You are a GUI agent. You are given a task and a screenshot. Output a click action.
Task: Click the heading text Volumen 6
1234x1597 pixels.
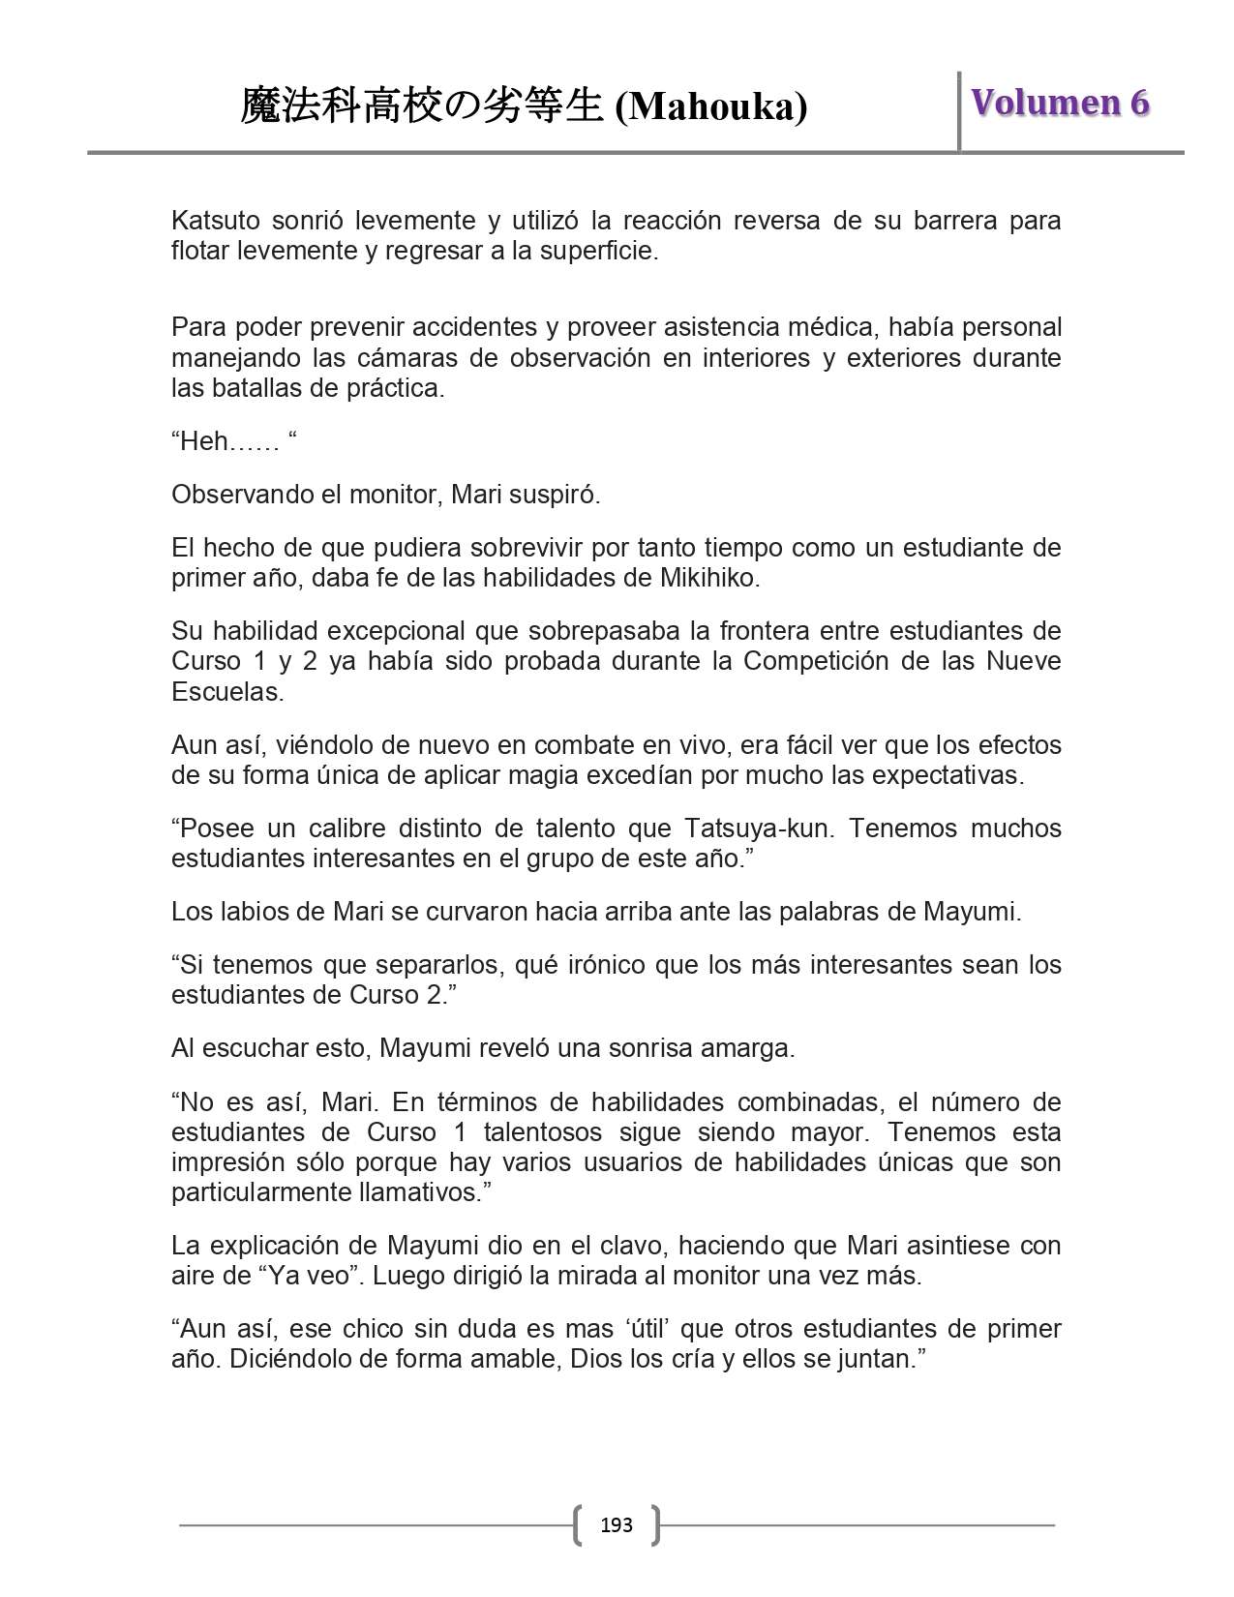pyautogui.click(x=1060, y=103)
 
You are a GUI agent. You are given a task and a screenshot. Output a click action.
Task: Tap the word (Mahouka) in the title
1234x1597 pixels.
pyautogui.click(x=711, y=106)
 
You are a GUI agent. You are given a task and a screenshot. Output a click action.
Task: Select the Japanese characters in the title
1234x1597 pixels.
pyautogui.click(x=422, y=105)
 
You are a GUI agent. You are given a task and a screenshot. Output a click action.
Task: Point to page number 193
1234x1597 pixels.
pyautogui.click(x=617, y=1525)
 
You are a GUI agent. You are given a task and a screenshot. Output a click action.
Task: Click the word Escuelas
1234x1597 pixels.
pyautogui.click(x=226, y=692)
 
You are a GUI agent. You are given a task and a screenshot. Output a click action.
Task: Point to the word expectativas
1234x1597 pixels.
pyautogui.click(x=946, y=775)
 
